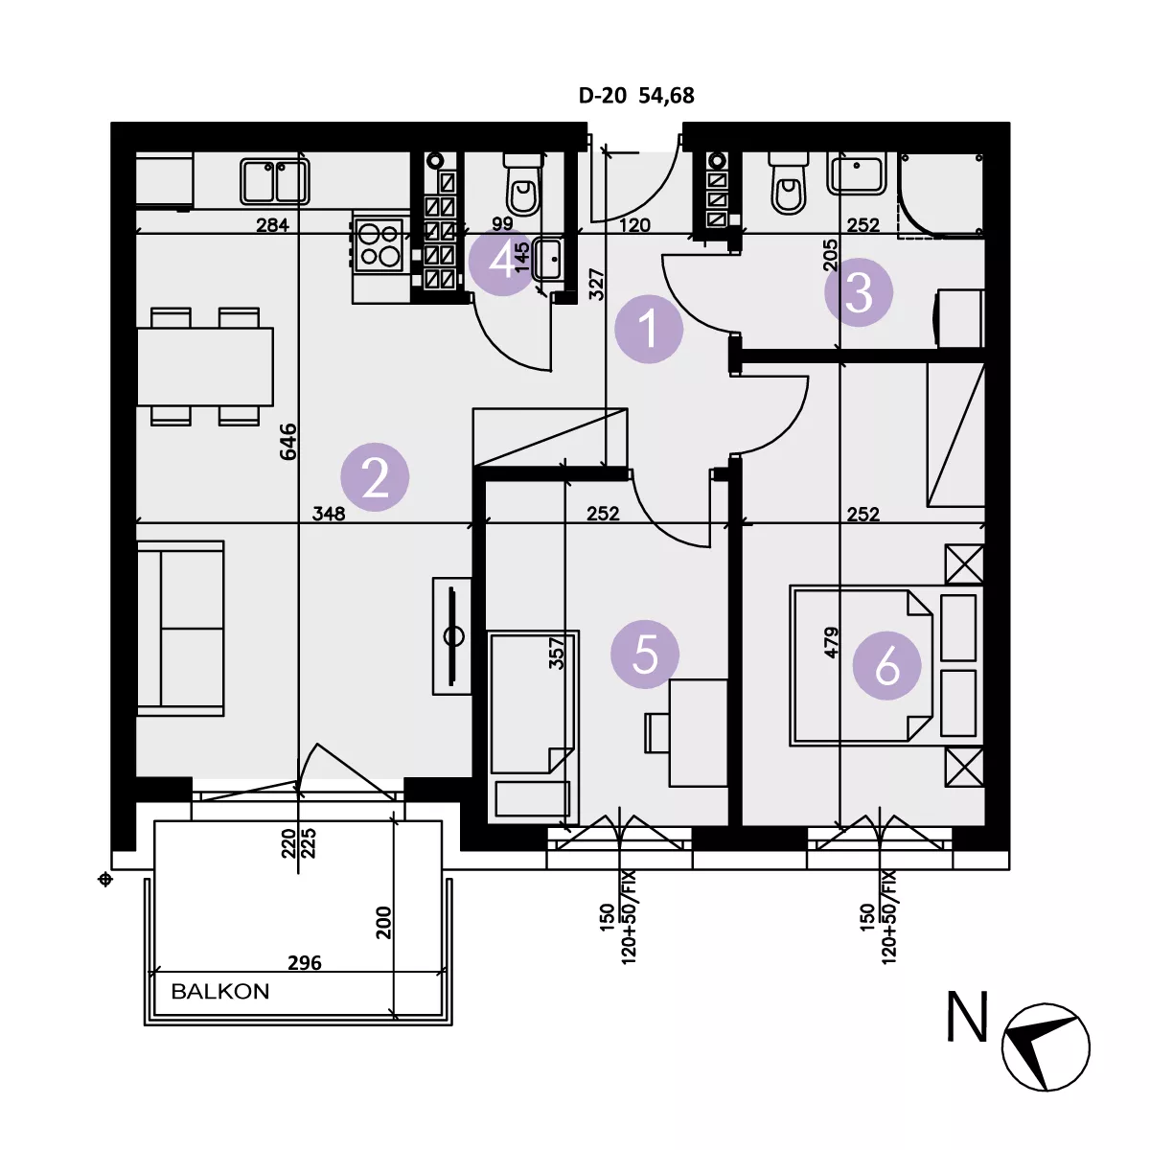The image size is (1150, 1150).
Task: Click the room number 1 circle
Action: point(648,329)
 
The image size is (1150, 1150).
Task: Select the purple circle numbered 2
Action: point(375,476)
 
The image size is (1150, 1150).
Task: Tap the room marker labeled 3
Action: point(858,292)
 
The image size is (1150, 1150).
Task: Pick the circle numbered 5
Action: point(645,654)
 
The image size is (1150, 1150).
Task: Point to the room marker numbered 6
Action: point(886,665)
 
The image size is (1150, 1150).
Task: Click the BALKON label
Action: point(220,991)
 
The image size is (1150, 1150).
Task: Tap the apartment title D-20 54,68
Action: point(636,96)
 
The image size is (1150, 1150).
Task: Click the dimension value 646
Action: point(288,441)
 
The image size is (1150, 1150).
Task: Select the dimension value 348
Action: point(329,514)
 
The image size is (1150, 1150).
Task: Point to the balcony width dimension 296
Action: point(305,962)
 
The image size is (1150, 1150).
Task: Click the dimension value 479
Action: point(831,642)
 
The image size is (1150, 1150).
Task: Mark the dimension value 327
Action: point(596,284)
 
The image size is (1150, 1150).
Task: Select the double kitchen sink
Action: point(274,181)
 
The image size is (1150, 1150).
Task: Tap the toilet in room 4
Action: point(523,184)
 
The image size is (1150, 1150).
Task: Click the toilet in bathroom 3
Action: point(789,184)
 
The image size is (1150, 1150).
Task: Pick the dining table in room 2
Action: point(205,366)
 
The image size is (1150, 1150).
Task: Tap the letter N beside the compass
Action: point(967,1017)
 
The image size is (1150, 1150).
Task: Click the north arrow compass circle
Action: point(1046,1047)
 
